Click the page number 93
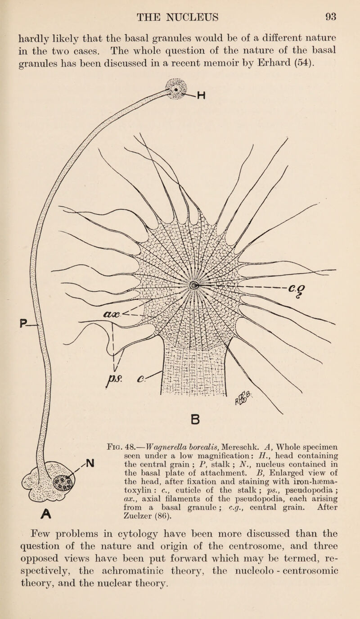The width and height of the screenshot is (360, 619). (331, 17)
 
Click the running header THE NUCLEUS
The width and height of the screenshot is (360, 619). (178, 17)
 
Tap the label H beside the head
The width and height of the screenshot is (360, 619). (201, 95)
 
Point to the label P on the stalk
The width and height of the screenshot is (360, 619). (22, 323)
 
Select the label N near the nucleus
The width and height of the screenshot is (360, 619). (90, 463)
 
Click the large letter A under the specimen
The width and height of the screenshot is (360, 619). (46, 514)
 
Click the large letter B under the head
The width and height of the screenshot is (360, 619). (195, 420)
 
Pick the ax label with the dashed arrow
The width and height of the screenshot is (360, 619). (112, 314)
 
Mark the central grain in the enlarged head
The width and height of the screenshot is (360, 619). (193, 285)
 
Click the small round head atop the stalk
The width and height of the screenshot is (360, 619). (176, 89)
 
